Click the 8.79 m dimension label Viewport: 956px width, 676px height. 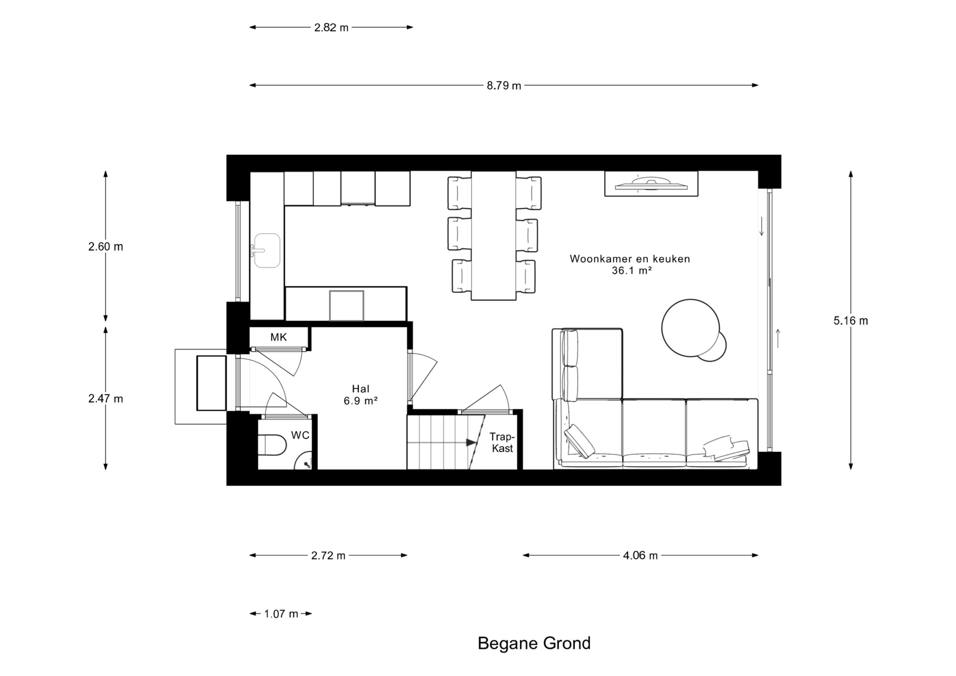point(504,86)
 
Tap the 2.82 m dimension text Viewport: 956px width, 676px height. point(331,28)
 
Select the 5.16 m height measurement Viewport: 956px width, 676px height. point(851,321)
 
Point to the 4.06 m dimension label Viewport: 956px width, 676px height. point(640,555)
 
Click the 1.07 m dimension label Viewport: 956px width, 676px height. point(281,614)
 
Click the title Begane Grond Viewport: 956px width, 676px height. point(534,643)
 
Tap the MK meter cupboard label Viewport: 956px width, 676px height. point(279,337)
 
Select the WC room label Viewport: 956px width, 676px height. point(300,436)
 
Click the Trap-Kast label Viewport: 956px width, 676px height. point(502,443)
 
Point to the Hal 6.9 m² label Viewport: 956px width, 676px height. point(360,395)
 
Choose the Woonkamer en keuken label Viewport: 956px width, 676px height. point(630,259)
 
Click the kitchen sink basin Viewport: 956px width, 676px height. point(267,250)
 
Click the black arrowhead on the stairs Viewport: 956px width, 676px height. point(471,443)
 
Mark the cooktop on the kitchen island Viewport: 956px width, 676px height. point(347,306)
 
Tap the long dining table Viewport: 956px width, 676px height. point(493,236)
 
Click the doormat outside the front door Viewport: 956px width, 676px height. point(211,383)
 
